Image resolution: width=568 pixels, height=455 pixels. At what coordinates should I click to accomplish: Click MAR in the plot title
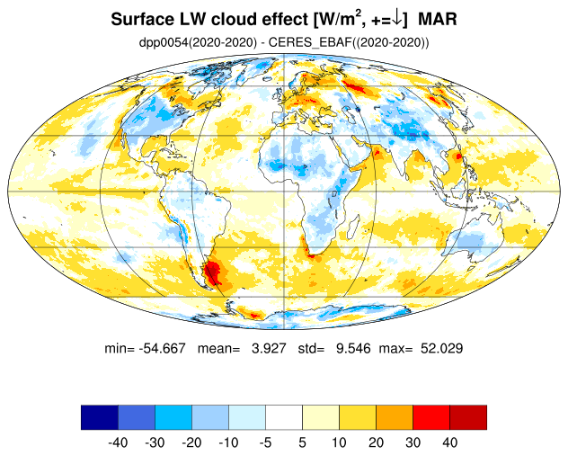tap(438, 19)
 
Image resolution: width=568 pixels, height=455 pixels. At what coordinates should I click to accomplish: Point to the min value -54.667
tap(162, 348)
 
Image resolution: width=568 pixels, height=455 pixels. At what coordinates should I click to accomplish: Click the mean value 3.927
tap(269, 348)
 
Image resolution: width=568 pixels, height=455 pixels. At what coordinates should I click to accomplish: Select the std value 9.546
tap(353, 348)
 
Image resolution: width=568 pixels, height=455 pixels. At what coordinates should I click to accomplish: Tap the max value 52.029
tap(441, 348)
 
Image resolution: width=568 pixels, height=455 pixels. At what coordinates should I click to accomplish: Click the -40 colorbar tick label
tap(118, 442)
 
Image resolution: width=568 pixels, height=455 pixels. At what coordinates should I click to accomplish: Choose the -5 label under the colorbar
tap(265, 442)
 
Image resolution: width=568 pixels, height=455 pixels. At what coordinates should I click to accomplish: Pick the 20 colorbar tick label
tap(376, 442)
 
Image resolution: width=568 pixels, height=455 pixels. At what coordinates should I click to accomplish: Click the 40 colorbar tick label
tap(449, 442)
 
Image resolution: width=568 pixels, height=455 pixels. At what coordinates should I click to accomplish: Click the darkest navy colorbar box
tap(100, 417)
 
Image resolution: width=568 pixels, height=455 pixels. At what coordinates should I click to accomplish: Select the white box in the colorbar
tap(284, 417)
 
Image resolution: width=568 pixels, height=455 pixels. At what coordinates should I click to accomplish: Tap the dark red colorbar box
tap(468, 417)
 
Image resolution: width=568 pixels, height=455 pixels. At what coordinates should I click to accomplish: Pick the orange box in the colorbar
tap(395, 417)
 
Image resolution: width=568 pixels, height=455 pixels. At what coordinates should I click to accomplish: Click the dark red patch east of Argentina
tap(212, 272)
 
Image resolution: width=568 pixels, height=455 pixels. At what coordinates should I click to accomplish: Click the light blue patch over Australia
tap(470, 240)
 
